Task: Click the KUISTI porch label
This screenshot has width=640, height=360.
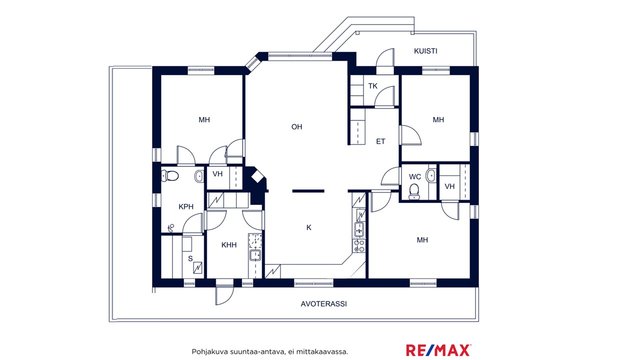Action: (x=425, y=51)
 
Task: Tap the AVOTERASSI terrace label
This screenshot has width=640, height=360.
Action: (x=324, y=304)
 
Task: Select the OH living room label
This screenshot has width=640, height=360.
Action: (x=297, y=127)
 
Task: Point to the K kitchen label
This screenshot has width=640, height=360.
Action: (x=309, y=228)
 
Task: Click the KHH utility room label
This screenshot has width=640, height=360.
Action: (x=229, y=245)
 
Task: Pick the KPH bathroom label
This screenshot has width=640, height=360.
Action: (x=186, y=207)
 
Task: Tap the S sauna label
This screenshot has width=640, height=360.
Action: (x=190, y=258)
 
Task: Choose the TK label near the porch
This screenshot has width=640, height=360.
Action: (x=373, y=86)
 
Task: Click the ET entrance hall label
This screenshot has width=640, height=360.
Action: (x=380, y=142)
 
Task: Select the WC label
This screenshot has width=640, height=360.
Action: (x=415, y=177)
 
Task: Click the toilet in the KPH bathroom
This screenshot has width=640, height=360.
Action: (x=171, y=176)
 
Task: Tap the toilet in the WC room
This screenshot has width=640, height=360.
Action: (x=414, y=191)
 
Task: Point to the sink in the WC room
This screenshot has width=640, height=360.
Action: (x=431, y=176)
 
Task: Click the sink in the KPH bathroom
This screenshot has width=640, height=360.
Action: (x=199, y=176)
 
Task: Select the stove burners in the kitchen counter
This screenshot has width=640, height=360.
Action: (x=359, y=246)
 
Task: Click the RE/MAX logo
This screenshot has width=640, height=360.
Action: (x=438, y=350)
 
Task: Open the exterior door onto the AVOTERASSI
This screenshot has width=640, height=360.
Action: (x=224, y=294)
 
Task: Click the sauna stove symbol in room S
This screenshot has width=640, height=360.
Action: (x=198, y=267)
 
